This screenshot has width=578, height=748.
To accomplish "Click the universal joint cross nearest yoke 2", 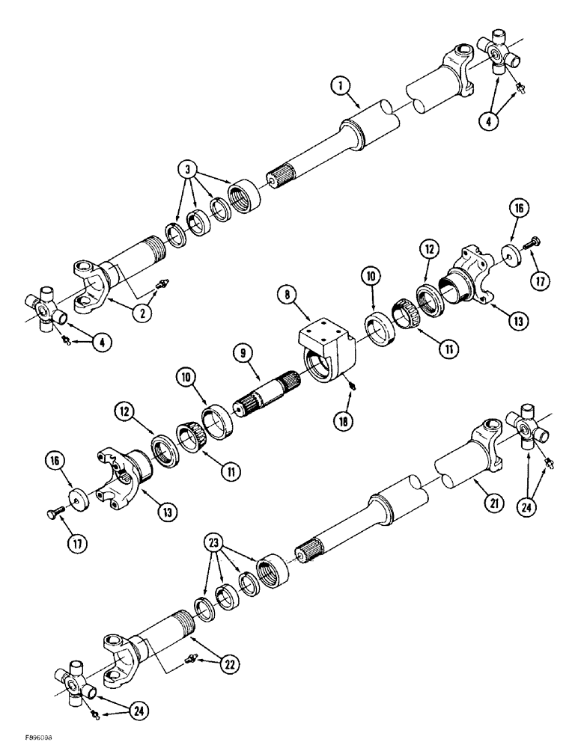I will [x=45, y=309].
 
